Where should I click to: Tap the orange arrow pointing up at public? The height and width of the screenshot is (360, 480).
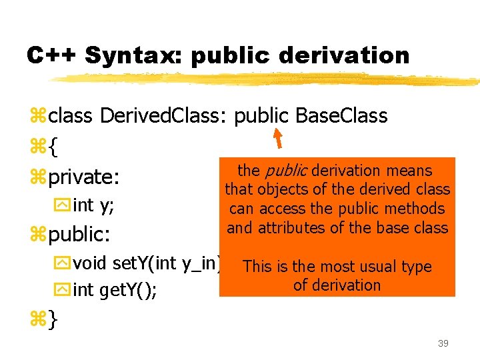click(x=278, y=138)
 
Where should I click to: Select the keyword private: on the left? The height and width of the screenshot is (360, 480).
click(x=84, y=177)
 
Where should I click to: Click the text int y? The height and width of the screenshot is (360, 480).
click(x=93, y=206)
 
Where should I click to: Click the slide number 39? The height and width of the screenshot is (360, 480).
click(x=443, y=343)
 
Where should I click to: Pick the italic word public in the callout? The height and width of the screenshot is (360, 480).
click(x=286, y=171)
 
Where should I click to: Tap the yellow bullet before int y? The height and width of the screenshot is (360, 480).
click(x=65, y=207)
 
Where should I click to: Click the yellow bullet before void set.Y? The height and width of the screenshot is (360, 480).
click(x=65, y=264)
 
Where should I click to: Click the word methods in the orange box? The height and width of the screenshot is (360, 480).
click(x=419, y=209)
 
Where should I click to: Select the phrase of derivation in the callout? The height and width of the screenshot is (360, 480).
click(x=337, y=285)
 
